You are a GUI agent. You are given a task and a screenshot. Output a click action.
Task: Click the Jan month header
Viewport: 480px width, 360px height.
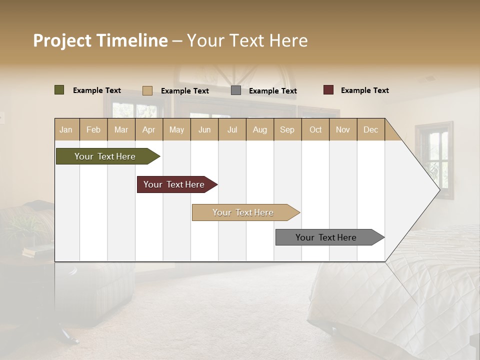coord(66,129)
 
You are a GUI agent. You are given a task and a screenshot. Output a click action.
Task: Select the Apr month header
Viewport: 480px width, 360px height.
coord(149,129)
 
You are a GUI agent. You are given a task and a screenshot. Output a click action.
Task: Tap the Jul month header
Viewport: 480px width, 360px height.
coord(232,129)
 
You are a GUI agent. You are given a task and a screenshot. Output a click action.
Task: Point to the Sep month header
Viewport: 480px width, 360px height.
coord(287,129)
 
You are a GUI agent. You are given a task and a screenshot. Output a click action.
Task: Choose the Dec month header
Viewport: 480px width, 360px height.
coord(370,129)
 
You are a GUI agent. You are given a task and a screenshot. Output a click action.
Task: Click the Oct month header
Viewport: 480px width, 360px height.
coord(315,129)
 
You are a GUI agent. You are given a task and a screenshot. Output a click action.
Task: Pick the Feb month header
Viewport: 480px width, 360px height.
coord(93,129)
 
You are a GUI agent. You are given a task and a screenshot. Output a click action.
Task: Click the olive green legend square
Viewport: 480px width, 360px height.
coord(59,90)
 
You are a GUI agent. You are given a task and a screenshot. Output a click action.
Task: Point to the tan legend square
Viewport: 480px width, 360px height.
coord(147,90)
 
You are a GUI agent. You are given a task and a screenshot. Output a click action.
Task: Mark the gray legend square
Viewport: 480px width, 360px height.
coord(236,90)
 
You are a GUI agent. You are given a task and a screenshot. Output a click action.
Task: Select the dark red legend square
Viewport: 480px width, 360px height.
coord(328,90)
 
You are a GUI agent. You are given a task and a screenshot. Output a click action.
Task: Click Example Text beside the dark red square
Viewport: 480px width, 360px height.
coord(364,90)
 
